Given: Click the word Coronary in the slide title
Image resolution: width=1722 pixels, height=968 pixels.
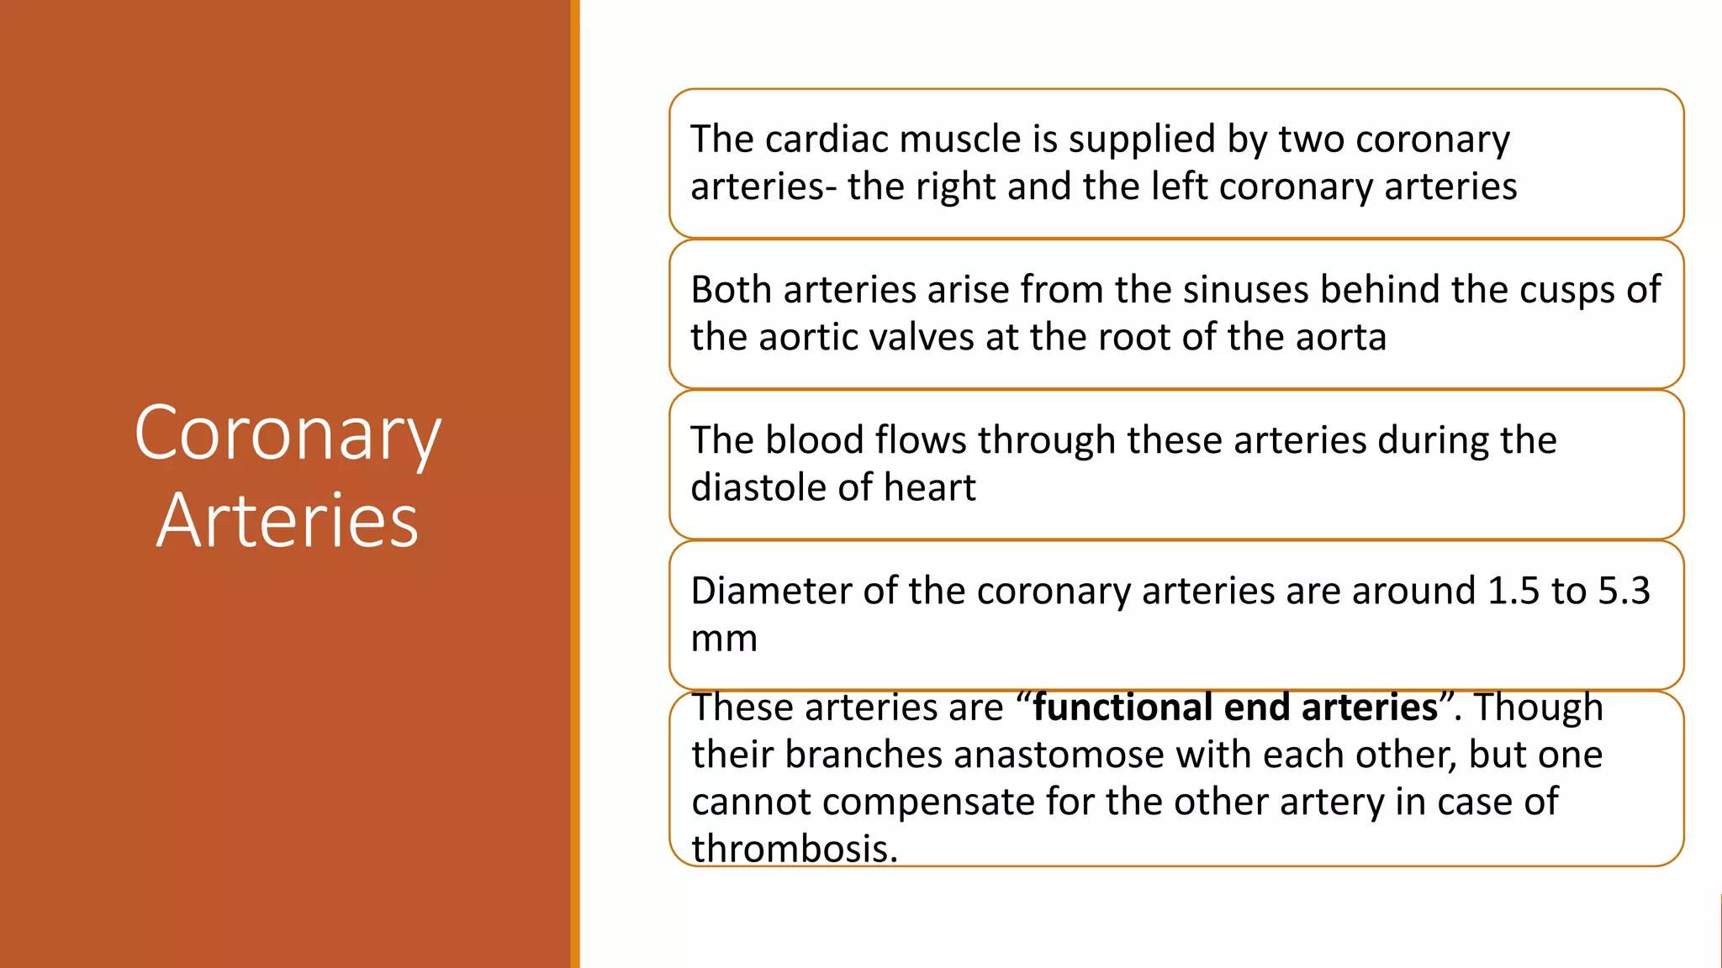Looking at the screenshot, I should pyautogui.click(x=288, y=434).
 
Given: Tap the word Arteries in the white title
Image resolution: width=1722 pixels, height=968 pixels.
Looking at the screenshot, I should pyautogui.click(x=288, y=522).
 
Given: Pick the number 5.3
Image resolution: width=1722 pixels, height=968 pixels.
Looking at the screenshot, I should pyautogui.click(x=1624, y=592).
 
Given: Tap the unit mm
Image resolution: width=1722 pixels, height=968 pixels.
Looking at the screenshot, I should pyautogui.click(x=724, y=639).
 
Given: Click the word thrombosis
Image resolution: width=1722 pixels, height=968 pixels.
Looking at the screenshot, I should pyautogui.click(x=795, y=849).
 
